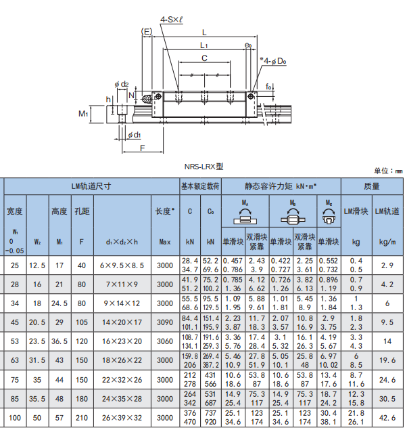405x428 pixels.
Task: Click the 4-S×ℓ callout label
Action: [x=171, y=20]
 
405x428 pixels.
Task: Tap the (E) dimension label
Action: [x=146, y=32]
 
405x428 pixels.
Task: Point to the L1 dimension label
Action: [x=204, y=45]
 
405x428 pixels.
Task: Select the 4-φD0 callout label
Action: [x=273, y=61]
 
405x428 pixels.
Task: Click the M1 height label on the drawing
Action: [x=83, y=114]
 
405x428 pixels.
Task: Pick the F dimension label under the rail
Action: [x=142, y=148]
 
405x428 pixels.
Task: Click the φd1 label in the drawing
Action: [x=135, y=135]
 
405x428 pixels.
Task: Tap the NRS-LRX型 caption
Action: [x=204, y=167]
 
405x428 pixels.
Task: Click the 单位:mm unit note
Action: [x=388, y=171]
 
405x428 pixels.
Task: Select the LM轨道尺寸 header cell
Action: [x=91, y=186]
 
